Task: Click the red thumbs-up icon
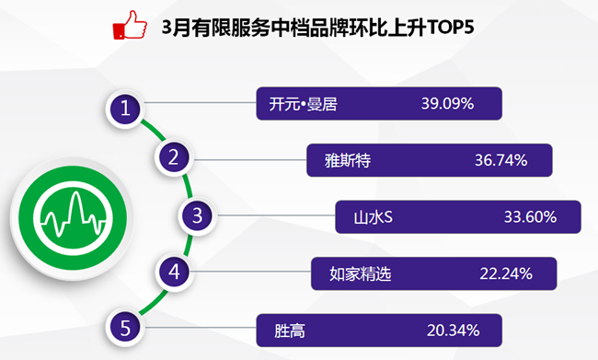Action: pyautogui.click(x=130, y=25)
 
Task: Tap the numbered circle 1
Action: pyautogui.click(x=125, y=110)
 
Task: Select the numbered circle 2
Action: pyautogui.click(x=174, y=157)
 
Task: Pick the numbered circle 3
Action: pyautogui.click(x=197, y=215)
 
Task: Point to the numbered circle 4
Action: pyautogui.click(x=174, y=272)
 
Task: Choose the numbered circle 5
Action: pyautogui.click(x=125, y=328)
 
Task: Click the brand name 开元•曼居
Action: pyautogui.click(x=304, y=104)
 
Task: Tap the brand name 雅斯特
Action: pyautogui.click(x=348, y=160)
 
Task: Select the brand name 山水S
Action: pyautogui.click(x=373, y=217)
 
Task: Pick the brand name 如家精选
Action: pyautogui.click(x=361, y=273)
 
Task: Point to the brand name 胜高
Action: pyautogui.click(x=290, y=331)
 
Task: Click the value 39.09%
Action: pyautogui.click(x=447, y=104)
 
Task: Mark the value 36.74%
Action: pyautogui.click(x=500, y=160)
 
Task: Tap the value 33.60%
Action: pyautogui.click(x=530, y=217)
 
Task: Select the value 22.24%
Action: pyautogui.click(x=506, y=273)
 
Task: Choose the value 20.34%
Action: pyautogui.click(x=453, y=331)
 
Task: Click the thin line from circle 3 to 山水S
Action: pyautogui.click(x=276, y=215)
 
